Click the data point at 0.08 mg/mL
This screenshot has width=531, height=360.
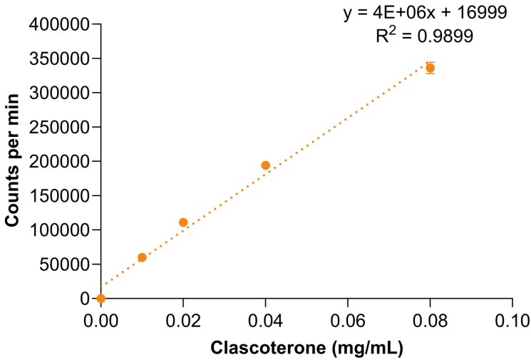[430, 68]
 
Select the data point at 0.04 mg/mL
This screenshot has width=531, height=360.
[266, 165]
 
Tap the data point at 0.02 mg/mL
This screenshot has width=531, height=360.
[183, 222]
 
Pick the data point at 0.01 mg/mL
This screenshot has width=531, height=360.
[142, 257]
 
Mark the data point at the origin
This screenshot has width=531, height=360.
[100, 298]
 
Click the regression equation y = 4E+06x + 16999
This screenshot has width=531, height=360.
[423, 14]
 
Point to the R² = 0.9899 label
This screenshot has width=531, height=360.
[423, 36]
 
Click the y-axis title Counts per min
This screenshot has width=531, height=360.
[13, 161]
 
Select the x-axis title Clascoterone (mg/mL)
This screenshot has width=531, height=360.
[307, 349]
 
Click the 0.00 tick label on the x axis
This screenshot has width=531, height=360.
[100, 320]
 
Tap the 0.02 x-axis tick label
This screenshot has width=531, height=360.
[183, 320]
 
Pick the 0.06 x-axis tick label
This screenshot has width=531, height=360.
[348, 320]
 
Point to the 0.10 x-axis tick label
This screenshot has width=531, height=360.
[512, 320]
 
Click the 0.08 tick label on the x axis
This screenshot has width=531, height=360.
[431, 320]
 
